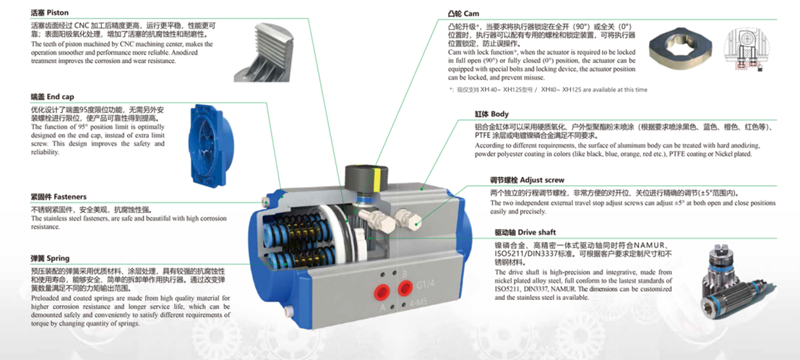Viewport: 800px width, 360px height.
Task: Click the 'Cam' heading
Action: point(471,13)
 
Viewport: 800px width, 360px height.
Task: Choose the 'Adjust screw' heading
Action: point(542,180)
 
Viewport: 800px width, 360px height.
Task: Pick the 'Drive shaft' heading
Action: point(537,232)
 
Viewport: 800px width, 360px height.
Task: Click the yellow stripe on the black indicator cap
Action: point(377,174)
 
